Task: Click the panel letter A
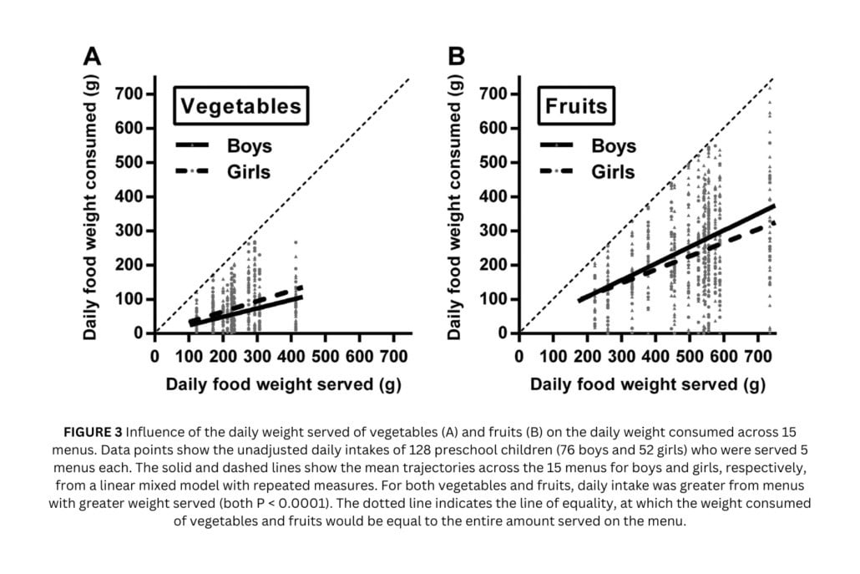click(92, 56)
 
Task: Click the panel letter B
click(457, 56)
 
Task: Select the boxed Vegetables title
click(240, 106)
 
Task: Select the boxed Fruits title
click(575, 106)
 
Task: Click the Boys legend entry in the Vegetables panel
click(249, 145)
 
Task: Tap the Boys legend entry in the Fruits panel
click(614, 145)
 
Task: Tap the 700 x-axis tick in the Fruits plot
click(758, 355)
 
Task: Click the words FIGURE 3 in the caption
click(93, 433)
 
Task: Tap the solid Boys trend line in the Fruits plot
click(668, 250)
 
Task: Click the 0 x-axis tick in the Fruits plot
click(519, 355)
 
